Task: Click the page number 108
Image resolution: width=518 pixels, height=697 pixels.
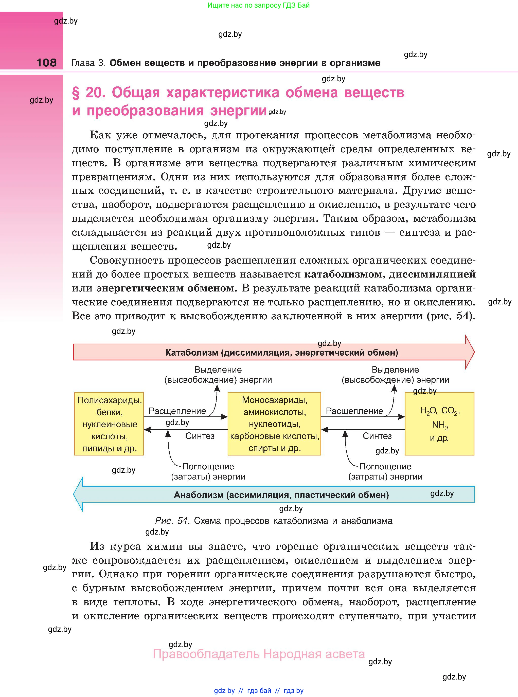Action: (46, 62)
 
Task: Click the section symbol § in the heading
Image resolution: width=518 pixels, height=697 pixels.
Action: (76, 93)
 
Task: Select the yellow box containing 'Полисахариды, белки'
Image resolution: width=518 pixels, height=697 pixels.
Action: (109, 424)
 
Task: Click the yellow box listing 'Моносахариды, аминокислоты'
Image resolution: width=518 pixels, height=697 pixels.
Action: (274, 424)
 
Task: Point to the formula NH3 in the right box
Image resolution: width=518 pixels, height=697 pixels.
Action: (440, 425)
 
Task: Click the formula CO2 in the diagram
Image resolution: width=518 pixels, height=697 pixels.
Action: (449, 411)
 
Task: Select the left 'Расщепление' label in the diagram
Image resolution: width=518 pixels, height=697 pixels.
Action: (177, 411)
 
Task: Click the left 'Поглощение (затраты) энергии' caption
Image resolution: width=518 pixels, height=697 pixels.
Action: (208, 471)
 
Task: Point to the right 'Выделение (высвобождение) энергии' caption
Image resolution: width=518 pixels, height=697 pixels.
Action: (395, 375)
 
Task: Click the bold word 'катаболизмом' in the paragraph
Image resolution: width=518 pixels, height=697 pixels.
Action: (343, 274)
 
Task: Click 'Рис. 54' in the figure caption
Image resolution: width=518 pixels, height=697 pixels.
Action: (171, 521)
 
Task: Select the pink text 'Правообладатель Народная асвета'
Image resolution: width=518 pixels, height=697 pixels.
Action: (259, 654)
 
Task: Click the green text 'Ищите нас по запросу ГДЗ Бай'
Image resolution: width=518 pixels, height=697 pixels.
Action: (258, 5)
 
